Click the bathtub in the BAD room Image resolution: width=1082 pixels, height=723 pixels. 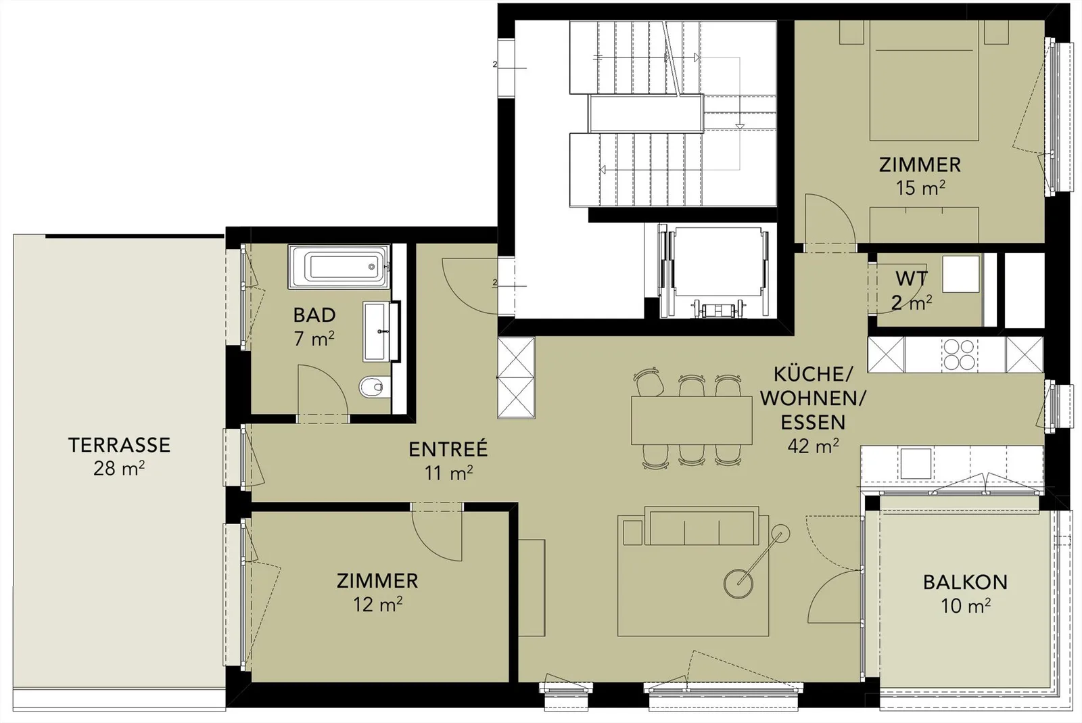pos(339,266)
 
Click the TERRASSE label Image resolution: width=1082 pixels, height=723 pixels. pos(119,445)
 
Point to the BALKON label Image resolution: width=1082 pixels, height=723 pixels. pos(965,582)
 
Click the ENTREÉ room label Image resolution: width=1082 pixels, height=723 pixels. pos(448,448)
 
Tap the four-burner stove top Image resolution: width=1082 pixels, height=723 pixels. pos(959,354)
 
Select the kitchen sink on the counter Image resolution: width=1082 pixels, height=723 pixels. pos(916,464)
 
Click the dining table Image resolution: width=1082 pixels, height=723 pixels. pos(691,420)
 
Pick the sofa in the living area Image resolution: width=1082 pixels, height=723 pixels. pos(702,526)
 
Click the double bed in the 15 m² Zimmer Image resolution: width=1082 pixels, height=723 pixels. pos(924,80)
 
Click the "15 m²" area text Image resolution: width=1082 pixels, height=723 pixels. pos(920,188)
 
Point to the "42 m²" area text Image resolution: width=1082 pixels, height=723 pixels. pos(813,446)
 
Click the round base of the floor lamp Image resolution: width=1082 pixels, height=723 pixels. pos(738,584)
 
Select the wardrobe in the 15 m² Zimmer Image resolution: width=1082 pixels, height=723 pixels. pos(924,225)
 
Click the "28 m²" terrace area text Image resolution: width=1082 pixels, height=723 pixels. pos(119,468)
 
